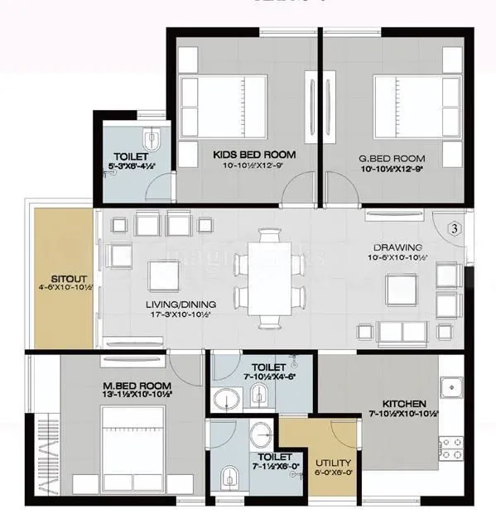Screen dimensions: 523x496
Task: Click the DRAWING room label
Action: click(397, 247)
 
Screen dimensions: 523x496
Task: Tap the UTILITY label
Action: click(333, 463)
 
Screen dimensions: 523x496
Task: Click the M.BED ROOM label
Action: click(137, 386)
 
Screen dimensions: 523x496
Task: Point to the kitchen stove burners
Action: click(450, 448)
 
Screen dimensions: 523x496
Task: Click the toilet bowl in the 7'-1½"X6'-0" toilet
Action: click(229, 477)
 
